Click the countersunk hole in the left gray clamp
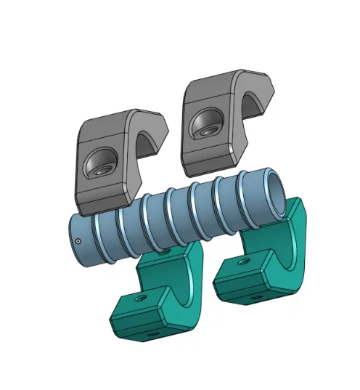[x=99, y=164]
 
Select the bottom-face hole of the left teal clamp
[x=152, y=335]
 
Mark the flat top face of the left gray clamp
[x=116, y=119]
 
